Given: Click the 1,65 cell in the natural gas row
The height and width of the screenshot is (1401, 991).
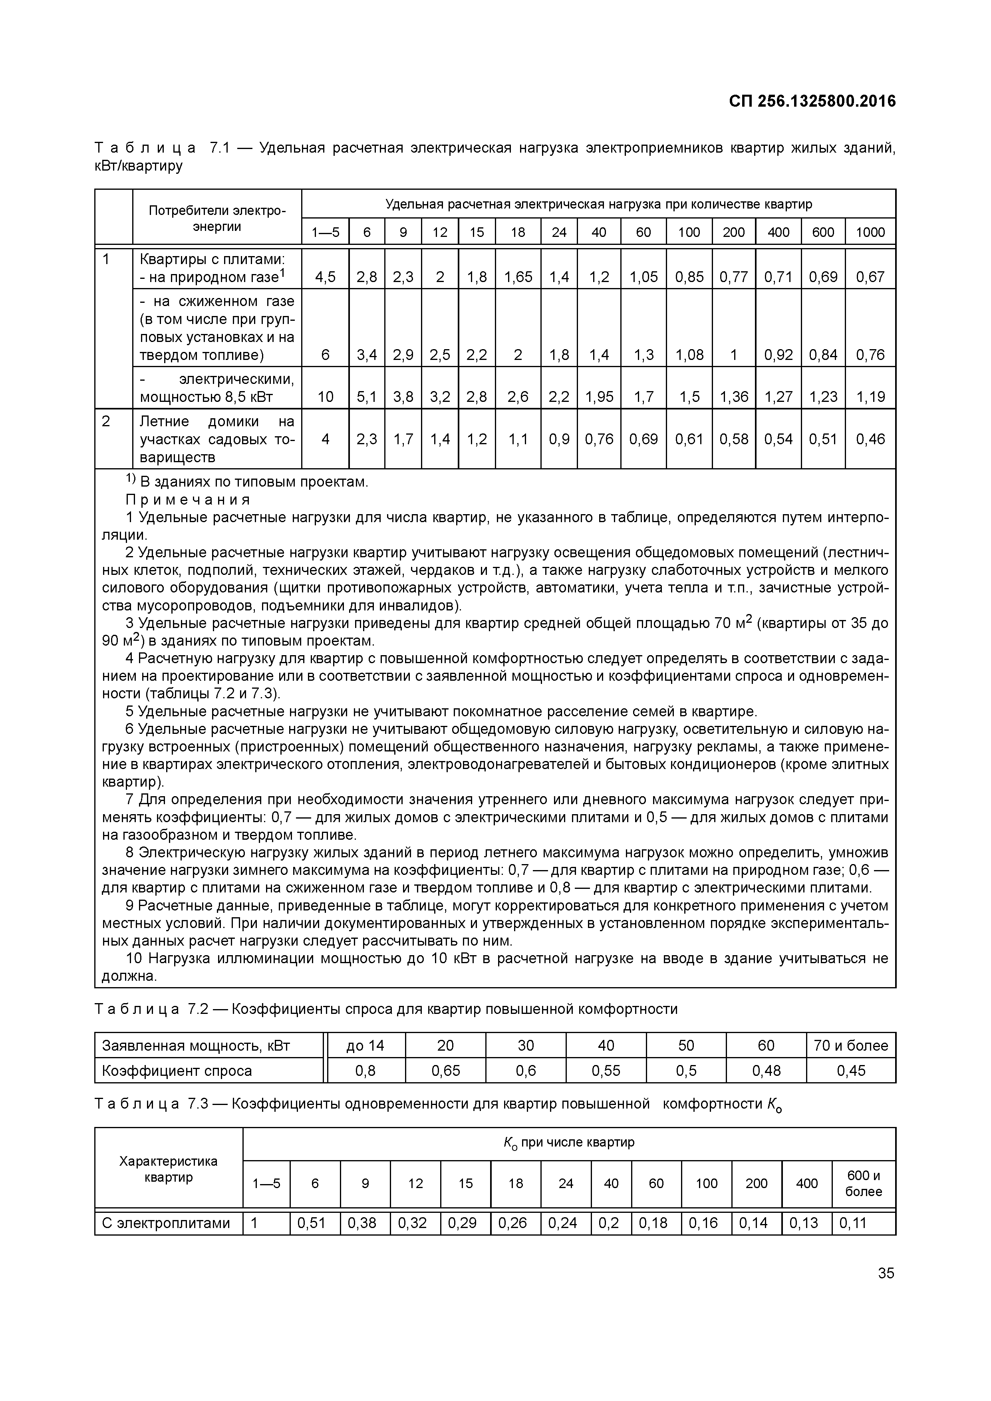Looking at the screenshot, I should click(517, 277).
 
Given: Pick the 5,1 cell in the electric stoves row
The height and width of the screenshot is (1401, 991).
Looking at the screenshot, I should click(367, 397).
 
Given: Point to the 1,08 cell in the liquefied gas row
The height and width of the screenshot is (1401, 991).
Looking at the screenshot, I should click(689, 354).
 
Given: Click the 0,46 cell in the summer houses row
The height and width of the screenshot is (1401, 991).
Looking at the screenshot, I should click(870, 439).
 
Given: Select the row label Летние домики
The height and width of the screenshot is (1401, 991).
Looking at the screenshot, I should click(216, 439).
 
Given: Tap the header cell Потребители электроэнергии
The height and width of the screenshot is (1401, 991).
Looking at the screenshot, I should click(216, 218).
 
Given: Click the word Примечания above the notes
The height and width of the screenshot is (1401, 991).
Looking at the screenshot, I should click(188, 500).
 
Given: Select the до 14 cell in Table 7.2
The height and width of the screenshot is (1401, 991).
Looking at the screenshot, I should click(365, 1045).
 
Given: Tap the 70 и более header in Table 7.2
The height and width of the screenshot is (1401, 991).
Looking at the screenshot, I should click(851, 1045).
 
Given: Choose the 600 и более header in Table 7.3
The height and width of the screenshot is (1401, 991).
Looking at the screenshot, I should click(864, 1183).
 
